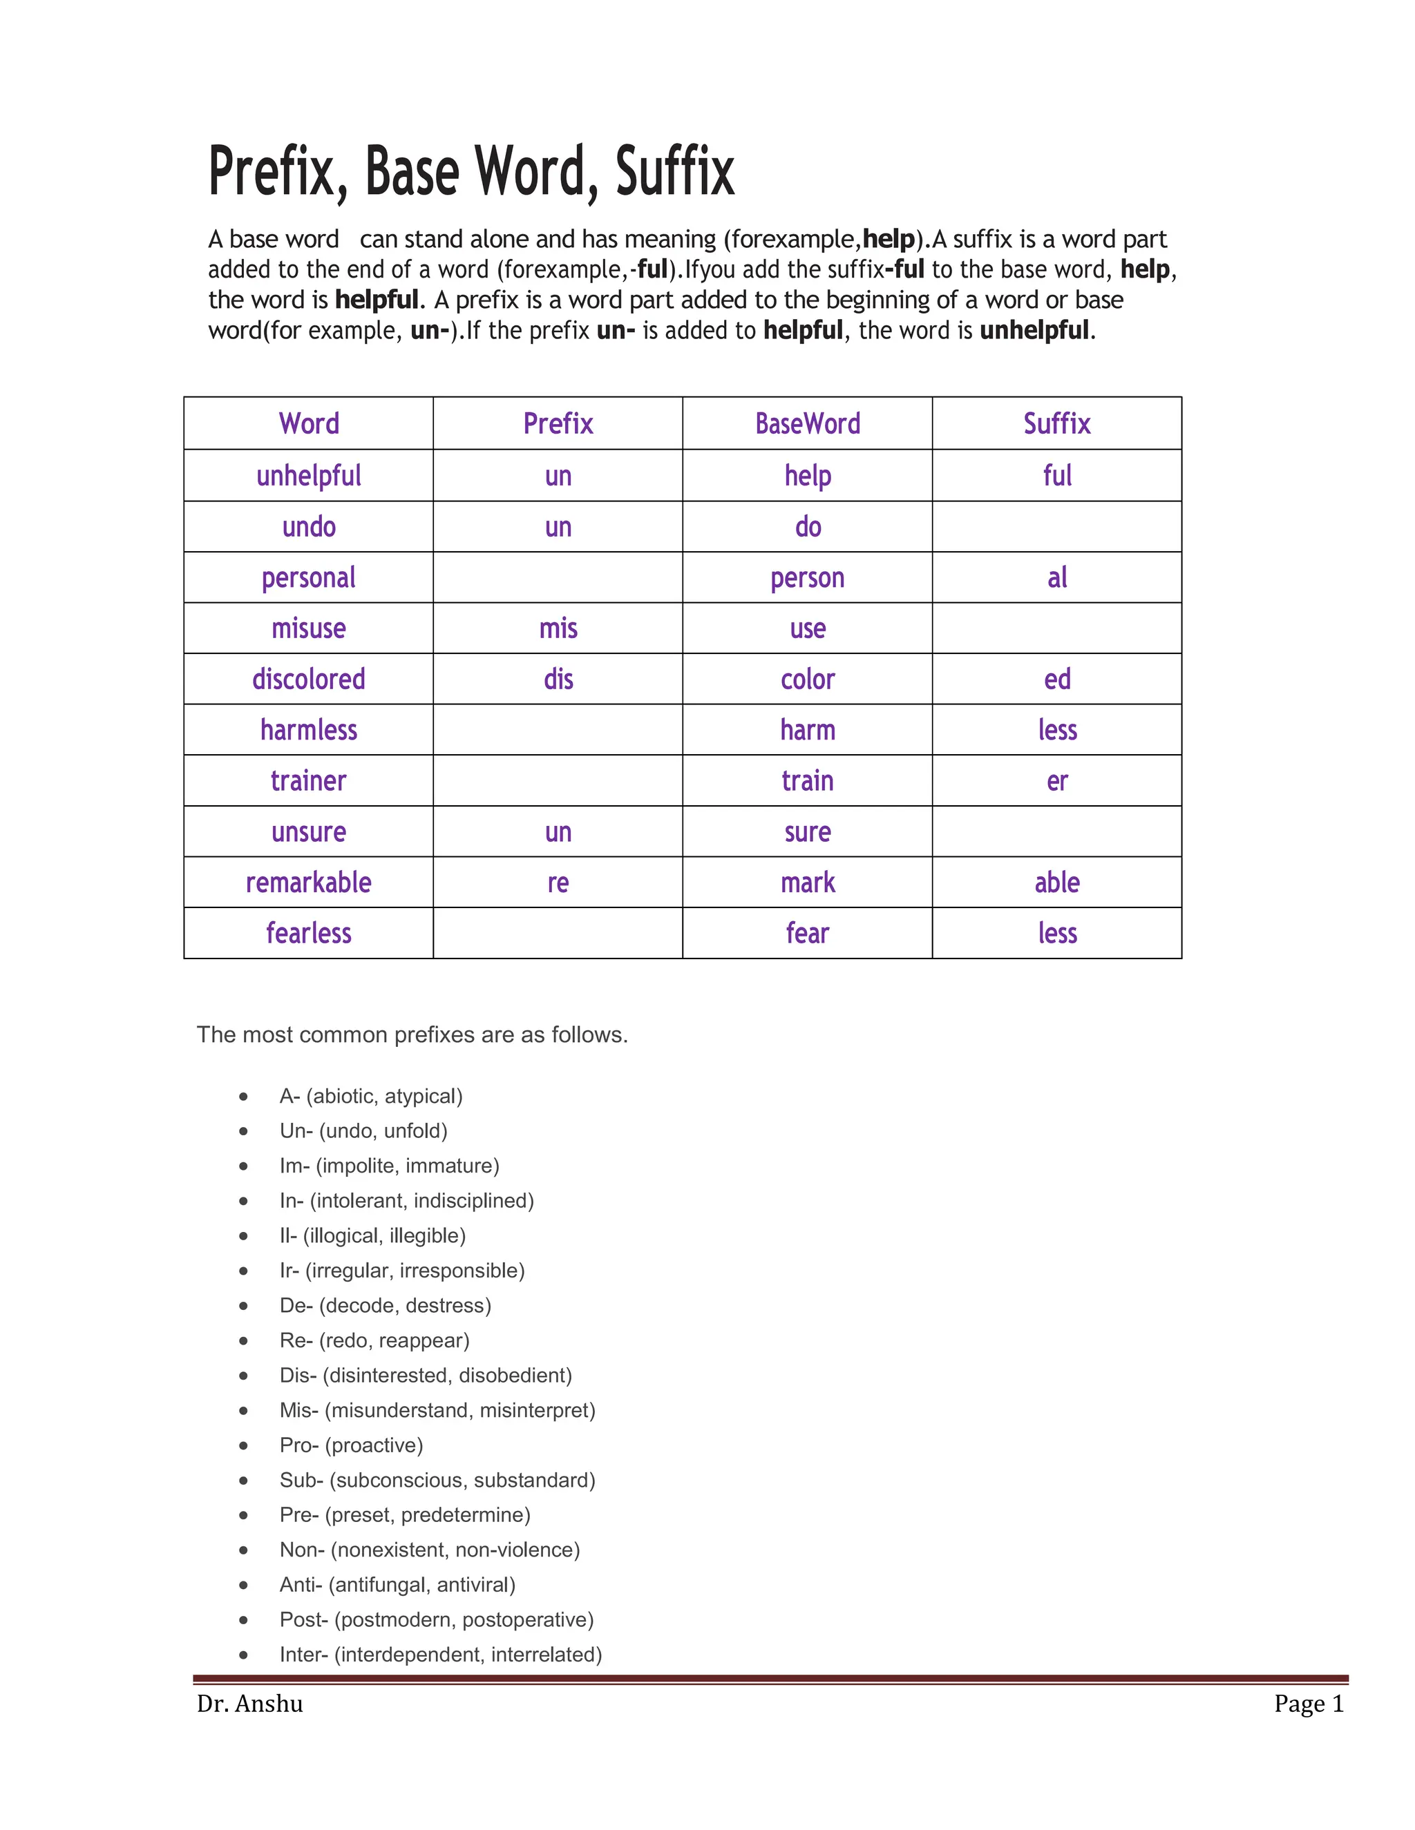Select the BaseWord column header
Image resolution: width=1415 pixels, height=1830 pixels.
pos(807,424)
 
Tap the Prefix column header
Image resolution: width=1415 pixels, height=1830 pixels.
pos(558,424)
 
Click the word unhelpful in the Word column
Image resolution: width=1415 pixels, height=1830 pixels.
pos(308,476)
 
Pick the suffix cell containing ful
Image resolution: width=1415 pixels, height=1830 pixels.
pos(1056,476)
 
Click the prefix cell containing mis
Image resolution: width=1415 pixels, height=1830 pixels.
pos(558,628)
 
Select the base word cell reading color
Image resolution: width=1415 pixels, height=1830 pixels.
pos(807,680)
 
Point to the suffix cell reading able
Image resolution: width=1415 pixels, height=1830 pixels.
pos(1056,883)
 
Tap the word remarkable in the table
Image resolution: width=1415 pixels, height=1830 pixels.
pos(308,883)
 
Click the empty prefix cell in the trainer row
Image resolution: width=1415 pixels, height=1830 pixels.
pos(558,781)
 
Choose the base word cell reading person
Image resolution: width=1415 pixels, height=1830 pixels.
pos(807,578)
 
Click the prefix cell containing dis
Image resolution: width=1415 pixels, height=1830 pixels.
pos(558,680)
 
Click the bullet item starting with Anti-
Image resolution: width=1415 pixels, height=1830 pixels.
pos(397,1584)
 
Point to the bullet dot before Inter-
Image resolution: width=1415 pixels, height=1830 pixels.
pos(243,1655)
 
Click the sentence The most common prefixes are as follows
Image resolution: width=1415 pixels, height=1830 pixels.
pos(412,1035)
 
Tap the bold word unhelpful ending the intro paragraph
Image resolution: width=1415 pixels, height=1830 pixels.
pos(1034,331)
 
